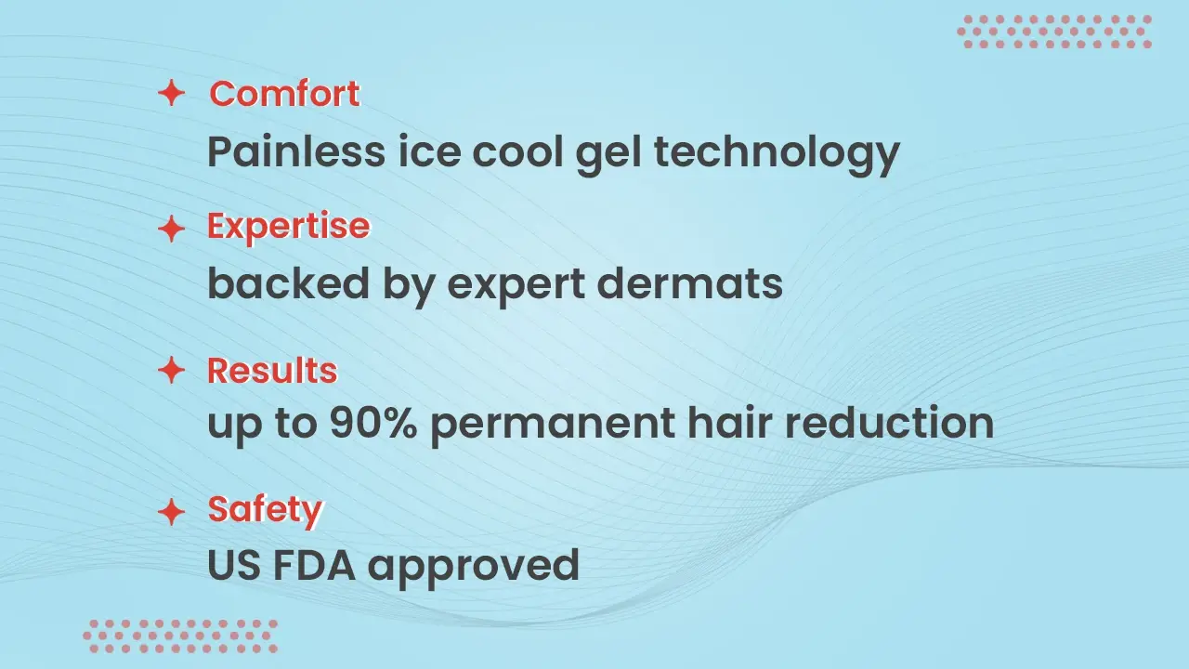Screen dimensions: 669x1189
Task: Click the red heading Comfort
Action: [x=284, y=94]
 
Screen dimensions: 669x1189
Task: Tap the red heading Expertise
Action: [x=288, y=227]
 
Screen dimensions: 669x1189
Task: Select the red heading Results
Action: [x=271, y=371]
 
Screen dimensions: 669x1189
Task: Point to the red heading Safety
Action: [x=265, y=509]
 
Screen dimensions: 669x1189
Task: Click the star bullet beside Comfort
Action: [x=171, y=93]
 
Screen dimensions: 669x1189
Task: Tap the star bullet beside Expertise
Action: [x=171, y=229]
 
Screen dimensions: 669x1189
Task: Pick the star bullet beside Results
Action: [x=171, y=371]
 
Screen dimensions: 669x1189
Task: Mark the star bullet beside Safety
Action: [x=171, y=510]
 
